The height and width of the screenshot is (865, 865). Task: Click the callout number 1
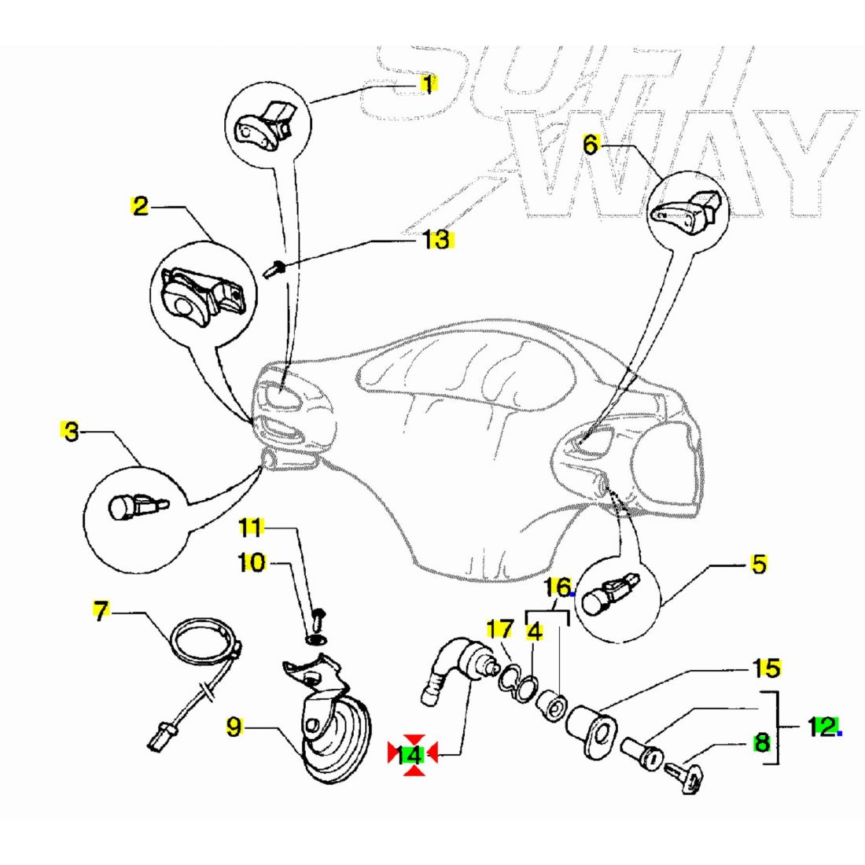pos(428,83)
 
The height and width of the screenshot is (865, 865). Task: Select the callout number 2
pos(139,207)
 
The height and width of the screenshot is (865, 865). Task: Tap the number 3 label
pos(71,431)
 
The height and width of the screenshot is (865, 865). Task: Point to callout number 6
pos(591,144)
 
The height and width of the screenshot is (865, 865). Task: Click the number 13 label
pos(436,239)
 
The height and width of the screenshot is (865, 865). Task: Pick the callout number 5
pos(758,564)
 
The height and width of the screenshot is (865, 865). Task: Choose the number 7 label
pos(100,611)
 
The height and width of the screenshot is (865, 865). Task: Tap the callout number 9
pos(235,727)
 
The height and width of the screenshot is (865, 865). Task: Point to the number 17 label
pos(499,629)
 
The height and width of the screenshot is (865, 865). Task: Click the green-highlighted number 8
pos(761,742)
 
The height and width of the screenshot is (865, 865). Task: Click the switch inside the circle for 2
pos(197,296)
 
